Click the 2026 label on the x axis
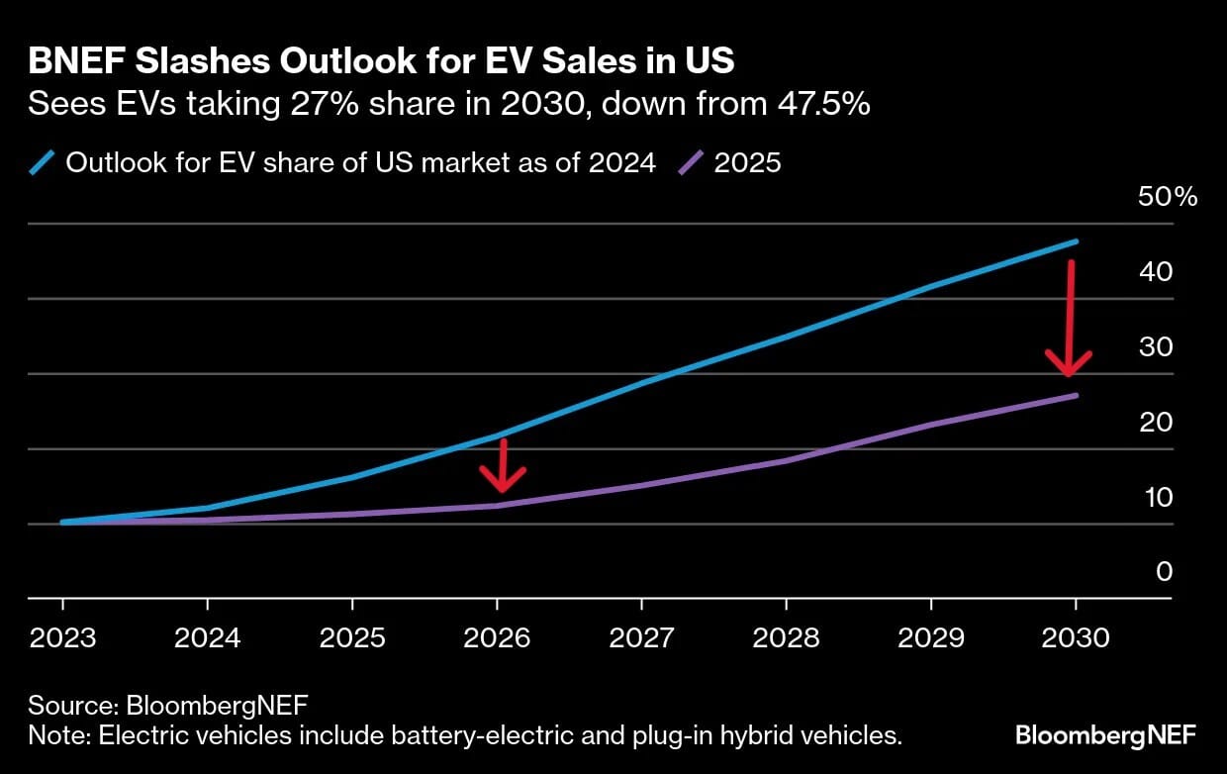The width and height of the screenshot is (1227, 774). click(x=497, y=637)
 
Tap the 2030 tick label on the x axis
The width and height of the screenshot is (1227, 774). click(x=1075, y=637)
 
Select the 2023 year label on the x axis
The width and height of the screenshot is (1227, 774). click(x=63, y=637)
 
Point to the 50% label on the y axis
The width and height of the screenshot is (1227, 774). click(x=1168, y=196)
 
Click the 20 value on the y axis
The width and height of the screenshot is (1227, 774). click(x=1156, y=422)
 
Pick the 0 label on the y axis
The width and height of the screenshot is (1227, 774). click(x=1164, y=572)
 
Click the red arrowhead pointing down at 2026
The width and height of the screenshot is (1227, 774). click(x=503, y=480)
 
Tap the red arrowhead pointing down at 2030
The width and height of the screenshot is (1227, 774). click(x=1069, y=363)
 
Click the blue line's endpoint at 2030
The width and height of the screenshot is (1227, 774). click(x=1076, y=242)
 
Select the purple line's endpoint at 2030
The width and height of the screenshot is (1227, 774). click(x=1076, y=396)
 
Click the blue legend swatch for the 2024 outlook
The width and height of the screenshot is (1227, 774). click(x=43, y=162)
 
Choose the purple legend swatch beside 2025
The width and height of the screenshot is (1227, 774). click(x=691, y=162)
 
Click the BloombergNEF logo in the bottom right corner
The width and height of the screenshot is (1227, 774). click(x=1105, y=735)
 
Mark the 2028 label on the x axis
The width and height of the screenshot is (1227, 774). click(x=786, y=637)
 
